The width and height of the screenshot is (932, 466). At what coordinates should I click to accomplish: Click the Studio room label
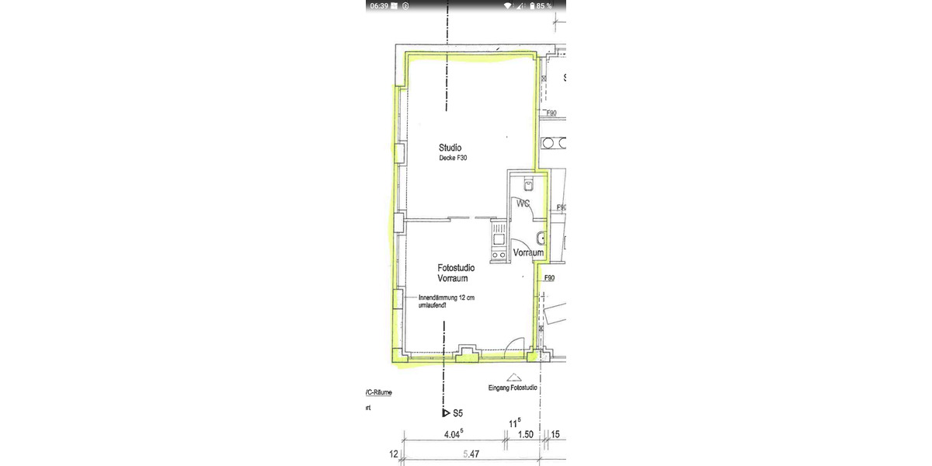point(450,148)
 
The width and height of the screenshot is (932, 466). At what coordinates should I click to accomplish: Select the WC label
point(522,203)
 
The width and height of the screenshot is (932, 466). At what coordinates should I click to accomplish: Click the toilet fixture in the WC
point(527,185)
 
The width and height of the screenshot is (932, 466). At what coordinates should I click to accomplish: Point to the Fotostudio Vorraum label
point(457,273)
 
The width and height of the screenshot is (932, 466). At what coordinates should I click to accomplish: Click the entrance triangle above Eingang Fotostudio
point(510,375)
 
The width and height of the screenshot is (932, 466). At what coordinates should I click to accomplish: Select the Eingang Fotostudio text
point(510,388)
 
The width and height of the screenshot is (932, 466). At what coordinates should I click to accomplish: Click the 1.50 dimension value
point(526,435)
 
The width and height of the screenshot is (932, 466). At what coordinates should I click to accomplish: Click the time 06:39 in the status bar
point(379,5)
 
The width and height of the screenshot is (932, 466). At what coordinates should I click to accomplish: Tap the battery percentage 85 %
point(544,5)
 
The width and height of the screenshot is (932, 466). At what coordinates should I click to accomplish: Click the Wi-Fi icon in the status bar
point(508,5)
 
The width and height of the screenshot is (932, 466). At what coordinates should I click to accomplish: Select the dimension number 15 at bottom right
point(555,435)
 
